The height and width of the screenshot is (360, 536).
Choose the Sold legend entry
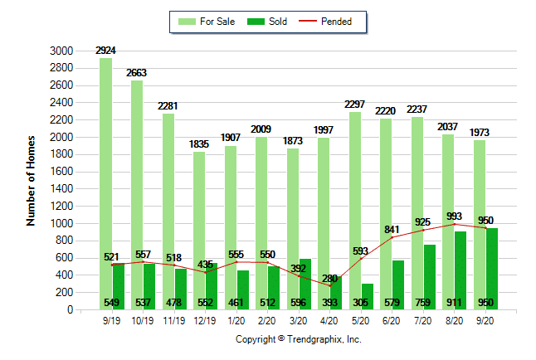[269, 22]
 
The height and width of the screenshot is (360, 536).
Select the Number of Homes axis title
[32, 180]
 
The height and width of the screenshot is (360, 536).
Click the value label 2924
[105, 51]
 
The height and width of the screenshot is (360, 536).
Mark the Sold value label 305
[363, 303]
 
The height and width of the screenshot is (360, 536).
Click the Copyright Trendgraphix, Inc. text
[299, 339]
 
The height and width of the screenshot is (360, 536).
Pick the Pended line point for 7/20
[425, 230]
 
